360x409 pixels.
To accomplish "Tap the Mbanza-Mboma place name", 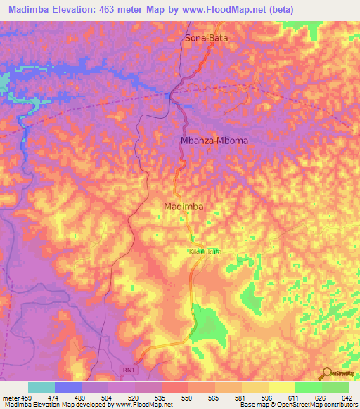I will [x=214, y=141].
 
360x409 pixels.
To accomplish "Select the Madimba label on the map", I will [x=184, y=207].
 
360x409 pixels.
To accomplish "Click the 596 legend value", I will [x=266, y=398].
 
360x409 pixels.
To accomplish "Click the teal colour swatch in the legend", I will [x=41, y=387].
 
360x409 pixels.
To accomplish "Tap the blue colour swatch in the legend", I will [x=68, y=387].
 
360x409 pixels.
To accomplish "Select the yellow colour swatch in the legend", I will [x=281, y=387].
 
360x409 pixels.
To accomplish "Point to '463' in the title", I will [x=111, y=9].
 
